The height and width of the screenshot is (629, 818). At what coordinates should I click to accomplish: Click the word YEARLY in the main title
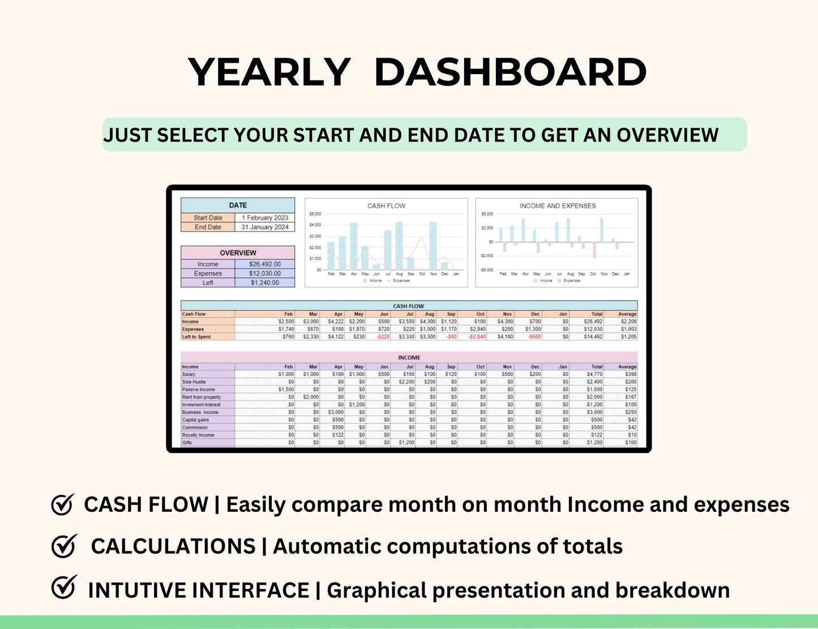coord(269,72)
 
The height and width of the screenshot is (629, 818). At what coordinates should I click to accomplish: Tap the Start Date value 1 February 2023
coord(265,217)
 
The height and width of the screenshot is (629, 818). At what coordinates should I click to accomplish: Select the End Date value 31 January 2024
coord(265,227)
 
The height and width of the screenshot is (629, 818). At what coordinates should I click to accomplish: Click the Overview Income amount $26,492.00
coord(265,264)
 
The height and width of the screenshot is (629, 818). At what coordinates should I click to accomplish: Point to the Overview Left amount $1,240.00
coord(265,283)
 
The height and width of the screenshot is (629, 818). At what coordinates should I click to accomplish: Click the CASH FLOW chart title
coord(386,206)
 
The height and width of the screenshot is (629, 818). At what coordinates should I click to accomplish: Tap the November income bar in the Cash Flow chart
coord(433,246)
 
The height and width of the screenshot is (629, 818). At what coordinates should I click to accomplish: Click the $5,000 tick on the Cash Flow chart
coord(315,214)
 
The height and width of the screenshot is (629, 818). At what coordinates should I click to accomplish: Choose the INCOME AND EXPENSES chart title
coord(558,206)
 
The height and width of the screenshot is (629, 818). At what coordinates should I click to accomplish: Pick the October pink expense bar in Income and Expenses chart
coord(594,250)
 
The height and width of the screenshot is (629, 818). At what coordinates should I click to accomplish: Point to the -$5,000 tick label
coord(487,270)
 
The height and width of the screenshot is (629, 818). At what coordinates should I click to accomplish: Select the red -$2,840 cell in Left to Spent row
coord(477,337)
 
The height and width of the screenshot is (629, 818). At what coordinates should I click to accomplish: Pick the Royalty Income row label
coord(198,435)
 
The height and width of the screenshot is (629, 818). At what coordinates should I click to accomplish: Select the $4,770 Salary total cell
coord(594,374)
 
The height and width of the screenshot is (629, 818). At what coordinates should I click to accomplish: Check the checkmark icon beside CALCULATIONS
coord(63,546)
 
